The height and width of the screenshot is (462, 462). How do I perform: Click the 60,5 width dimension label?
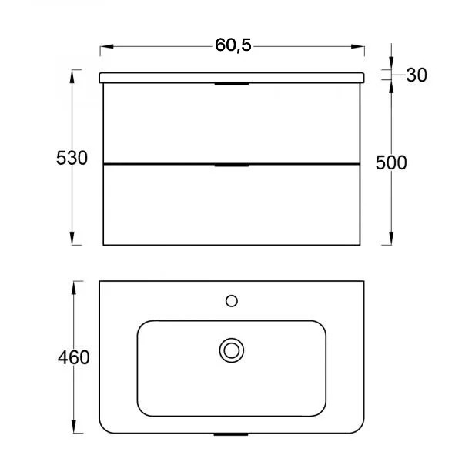(233, 45)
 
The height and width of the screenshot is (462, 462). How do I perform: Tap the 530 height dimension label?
(72, 158)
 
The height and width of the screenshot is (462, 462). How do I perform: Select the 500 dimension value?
(391, 162)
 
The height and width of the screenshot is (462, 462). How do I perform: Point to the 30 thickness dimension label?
(417, 75)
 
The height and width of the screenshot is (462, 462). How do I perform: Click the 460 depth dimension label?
(74, 357)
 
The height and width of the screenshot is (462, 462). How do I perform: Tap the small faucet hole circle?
(232, 301)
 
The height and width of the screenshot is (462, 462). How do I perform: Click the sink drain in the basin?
(232, 350)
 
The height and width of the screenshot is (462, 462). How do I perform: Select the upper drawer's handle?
(232, 84)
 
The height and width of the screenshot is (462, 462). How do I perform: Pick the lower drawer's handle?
(232, 166)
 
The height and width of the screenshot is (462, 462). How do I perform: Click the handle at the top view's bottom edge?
(231, 434)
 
